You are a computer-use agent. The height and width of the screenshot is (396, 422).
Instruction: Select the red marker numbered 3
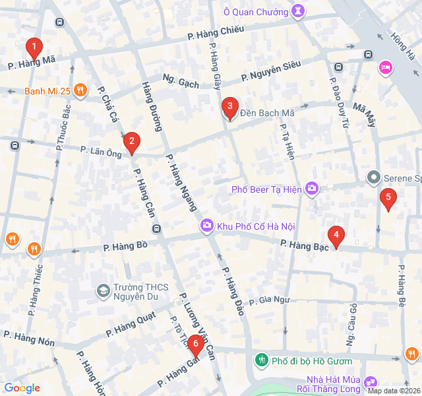pos(229,106)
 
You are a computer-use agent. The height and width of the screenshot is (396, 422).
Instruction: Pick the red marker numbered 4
pos(336,235)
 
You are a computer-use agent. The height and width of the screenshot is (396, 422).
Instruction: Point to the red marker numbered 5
pos(388,197)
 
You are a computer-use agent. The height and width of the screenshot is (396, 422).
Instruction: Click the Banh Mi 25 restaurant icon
pos(80,90)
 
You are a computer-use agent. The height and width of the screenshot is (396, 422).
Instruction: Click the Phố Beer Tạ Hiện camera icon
pos(312,189)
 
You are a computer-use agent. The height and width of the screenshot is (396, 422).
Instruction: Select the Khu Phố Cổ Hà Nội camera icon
pos(207,226)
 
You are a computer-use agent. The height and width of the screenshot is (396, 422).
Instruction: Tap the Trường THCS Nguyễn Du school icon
pos(103,290)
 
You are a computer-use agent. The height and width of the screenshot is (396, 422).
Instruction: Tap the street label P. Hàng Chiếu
pos(216,30)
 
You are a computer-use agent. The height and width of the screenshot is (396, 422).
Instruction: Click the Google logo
pos(22,388)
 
